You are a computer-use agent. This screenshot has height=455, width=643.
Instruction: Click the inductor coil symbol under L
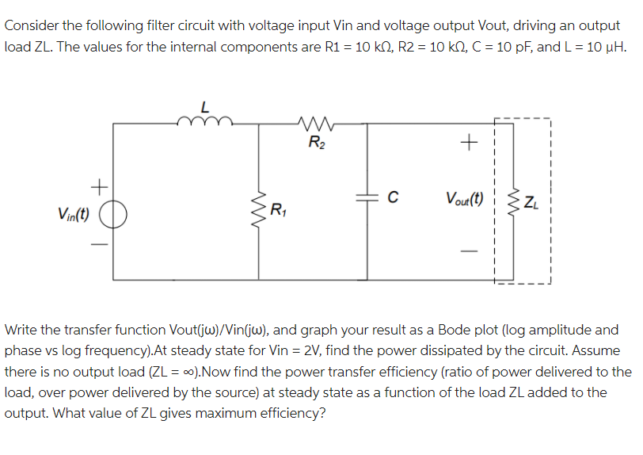(205, 120)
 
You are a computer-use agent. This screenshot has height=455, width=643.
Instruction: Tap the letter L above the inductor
(206, 105)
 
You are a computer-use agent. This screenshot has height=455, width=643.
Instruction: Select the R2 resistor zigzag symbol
(314, 122)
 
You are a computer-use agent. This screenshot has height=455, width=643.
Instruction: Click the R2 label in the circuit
(314, 143)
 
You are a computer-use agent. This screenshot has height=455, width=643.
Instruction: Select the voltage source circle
(113, 215)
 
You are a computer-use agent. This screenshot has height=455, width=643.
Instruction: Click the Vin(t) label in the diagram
(73, 214)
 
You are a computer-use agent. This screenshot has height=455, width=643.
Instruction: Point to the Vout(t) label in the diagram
(466, 198)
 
